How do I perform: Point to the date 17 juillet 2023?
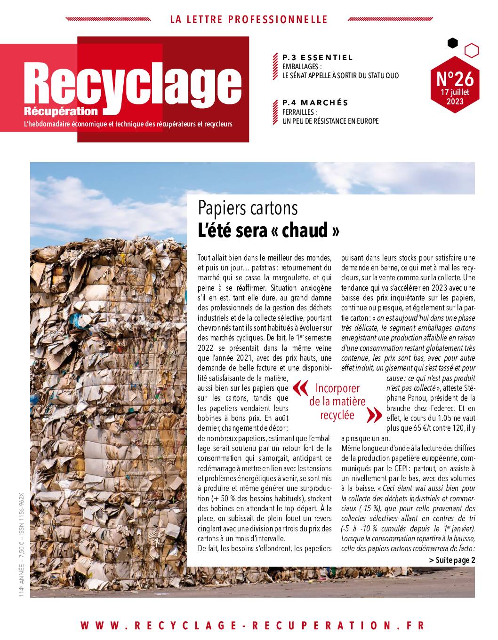click(455, 97)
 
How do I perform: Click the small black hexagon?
click(452, 43)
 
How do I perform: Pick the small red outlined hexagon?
click(471, 50)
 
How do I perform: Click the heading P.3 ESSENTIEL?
click(317, 58)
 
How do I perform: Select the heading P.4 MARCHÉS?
click(315, 103)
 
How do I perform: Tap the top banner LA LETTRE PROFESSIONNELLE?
click(249, 20)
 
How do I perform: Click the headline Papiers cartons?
click(248, 208)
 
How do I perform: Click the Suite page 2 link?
click(452, 560)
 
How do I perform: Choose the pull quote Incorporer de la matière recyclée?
click(337, 402)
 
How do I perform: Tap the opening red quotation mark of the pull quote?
click(300, 388)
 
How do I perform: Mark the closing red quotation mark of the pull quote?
click(374, 415)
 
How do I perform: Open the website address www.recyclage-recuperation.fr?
click(252, 625)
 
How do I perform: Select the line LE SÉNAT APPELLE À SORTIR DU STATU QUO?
click(340, 76)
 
